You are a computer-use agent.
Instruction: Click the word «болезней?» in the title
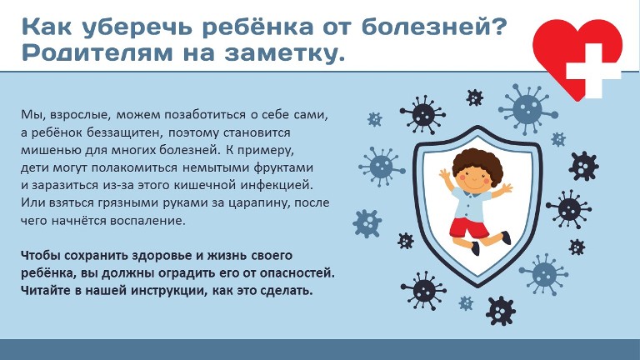(434, 27)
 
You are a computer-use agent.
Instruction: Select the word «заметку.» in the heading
(285, 54)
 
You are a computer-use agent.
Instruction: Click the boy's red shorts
(468, 227)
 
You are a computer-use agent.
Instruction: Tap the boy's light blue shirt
(472, 203)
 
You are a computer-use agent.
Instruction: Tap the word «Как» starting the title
(47, 27)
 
